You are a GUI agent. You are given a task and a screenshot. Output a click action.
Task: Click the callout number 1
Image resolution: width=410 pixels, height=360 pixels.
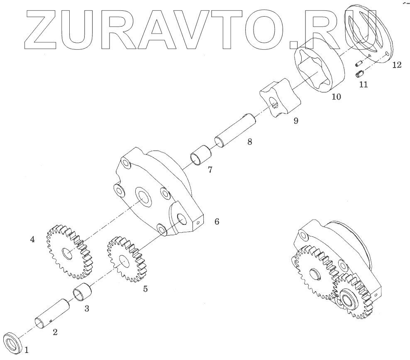click(27, 350)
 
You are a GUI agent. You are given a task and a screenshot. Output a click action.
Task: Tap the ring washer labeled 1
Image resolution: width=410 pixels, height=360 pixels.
click(12, 343)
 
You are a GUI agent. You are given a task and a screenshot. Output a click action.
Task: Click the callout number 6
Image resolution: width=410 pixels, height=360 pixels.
click(217, 221)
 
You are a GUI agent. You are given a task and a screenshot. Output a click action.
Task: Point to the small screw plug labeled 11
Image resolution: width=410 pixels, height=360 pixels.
click(360, 75)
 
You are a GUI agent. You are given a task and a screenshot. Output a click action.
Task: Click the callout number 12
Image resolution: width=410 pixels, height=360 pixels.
click(396, 65)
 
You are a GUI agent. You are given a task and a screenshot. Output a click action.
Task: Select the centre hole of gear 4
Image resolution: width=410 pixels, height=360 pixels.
click(68, 253)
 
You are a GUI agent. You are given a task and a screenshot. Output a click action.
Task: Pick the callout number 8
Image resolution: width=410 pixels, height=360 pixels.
click(249, 141)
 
